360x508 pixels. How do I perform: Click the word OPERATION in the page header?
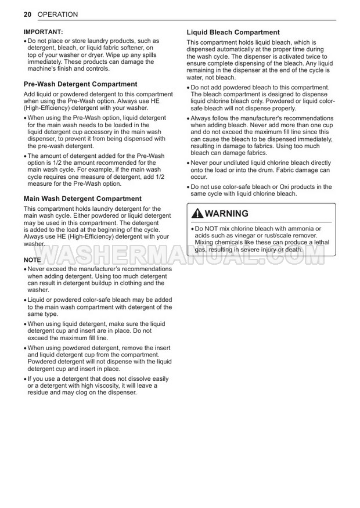tap(57, 13)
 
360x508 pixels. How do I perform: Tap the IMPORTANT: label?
tap(44, 32)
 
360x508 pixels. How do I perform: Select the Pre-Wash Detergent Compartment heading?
tap(80, 84)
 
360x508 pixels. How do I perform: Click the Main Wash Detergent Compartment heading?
tap(82, 199)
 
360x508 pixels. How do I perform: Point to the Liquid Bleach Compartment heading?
tap(233, 33)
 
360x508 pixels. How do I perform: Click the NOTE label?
tap(32, 260)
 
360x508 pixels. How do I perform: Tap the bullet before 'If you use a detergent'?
tap(25, 379)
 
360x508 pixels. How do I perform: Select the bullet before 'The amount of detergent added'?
tap(25, 156)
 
